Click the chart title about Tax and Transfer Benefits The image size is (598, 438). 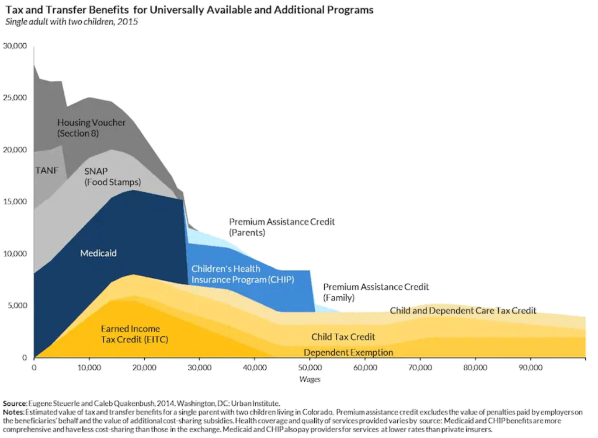click(x=189, y=11)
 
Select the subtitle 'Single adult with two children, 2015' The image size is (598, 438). click(x=72, y=22)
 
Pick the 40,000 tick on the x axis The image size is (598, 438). click(x=255, y=368)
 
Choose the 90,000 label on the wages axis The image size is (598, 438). click(x=530, y=368)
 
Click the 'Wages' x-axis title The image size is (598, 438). click(x=310, y=379)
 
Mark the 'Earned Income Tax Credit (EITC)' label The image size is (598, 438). click(x=134, y=334)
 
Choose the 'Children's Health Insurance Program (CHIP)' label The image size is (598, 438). click(x=242, y=274)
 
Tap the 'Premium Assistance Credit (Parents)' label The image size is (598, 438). click(x=281, y=227)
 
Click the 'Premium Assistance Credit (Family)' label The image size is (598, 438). click(x=376, y=292)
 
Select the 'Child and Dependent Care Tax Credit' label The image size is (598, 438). click(x=463, y=311)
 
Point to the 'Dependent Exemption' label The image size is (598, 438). click(x=348, y=353)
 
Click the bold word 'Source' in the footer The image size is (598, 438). click(x=15, y=404)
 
